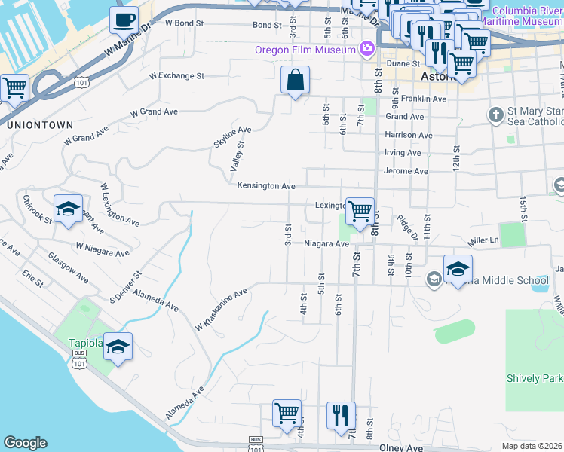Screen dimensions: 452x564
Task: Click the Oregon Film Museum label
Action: pyautogui.click(x=305, y=50)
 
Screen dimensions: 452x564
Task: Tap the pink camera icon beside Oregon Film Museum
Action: pyautogui.click(x=367, y=50)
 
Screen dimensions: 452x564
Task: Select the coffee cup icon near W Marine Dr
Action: pyautogui.click(x=124, y=20)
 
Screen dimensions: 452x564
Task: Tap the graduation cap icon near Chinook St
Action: pyautogui.click(x=68, y=209)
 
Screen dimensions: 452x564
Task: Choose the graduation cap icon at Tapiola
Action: pyautogui.click(x=118, y=347)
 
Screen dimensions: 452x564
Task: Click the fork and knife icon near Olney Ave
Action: pyautogui.click(x=341, y=414)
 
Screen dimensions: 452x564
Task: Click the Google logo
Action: pyautogui.click(x=25, y=443)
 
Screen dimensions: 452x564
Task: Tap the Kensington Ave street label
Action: pyautogui.click(x=265, y=185)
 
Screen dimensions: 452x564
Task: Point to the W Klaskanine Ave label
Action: pyautogui.click(x=221, y=310)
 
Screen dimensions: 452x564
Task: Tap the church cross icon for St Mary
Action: pyautogui.click(x=495, y=115)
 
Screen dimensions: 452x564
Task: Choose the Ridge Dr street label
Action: pyautogui.click(x=407, y=227)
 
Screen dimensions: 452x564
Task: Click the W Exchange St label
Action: pyautogui.click(x=176, y=76)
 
